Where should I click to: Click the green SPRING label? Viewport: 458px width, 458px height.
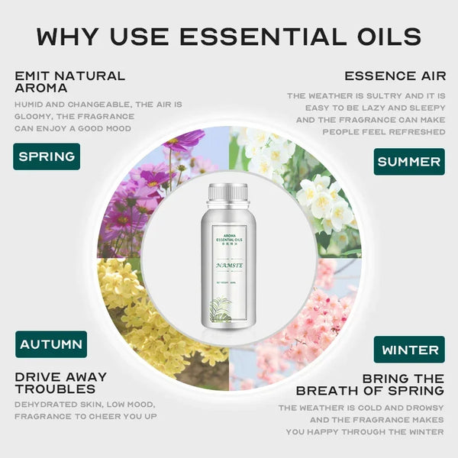click(47, 156)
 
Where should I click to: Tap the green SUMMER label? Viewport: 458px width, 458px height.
click(409, 162)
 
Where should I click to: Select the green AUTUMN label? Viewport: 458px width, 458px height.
click(51, 344)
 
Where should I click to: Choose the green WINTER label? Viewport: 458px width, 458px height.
click(409, 350)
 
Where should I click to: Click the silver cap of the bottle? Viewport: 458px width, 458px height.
click(228, 194)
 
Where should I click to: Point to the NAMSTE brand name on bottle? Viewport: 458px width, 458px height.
click(228, 265)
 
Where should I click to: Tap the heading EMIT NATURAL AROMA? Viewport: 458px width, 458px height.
click(69, 82)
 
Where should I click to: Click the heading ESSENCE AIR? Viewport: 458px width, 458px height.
click(394, 76)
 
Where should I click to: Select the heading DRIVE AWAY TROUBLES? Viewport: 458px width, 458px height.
click(61, 383)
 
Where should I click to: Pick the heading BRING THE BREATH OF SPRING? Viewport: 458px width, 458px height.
click(370, 385)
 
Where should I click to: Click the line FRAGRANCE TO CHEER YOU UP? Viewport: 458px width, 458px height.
click(85, 416)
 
